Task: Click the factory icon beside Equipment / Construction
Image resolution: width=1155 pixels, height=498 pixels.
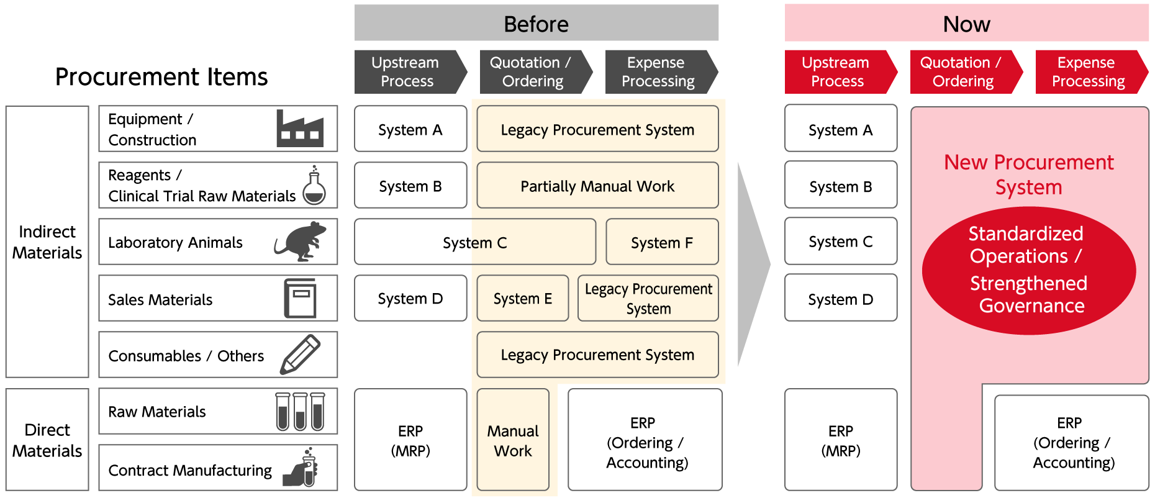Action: click(x=300, y=129)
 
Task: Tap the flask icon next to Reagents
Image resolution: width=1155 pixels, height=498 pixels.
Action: click(x=314, y=186)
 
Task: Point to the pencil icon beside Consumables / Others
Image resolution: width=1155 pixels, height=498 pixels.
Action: click(x=301, y=355)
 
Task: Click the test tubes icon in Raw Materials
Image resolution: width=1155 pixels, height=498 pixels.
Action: click(x=301, y=411)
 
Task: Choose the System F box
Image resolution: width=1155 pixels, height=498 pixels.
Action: click(x=662, y=242)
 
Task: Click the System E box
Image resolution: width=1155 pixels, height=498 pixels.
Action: click(x=522, y=299)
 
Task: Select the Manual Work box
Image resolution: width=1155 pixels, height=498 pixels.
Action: click(x=513, y=440)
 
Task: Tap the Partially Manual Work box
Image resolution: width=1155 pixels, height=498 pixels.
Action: click(x=597, y=186)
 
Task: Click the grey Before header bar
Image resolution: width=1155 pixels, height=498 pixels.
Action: click(x=536, y=24)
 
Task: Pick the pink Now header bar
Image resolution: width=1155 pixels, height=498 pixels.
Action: click(x=966, y=24)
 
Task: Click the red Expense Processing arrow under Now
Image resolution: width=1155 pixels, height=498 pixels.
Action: click(x=1088, y=72)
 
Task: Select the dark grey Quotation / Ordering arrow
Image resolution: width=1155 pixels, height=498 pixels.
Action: click(x=532, y=72)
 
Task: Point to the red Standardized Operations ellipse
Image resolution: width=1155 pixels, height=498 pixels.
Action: click(x=1028, y=270)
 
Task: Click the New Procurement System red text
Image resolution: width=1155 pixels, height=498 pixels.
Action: click(x=1028, y=174)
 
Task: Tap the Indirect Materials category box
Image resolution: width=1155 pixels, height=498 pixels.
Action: click(x=47, y=242)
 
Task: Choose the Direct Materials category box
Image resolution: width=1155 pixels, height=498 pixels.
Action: click(x=47, y=440)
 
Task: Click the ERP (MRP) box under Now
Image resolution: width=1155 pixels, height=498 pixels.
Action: click(x=840, y=440)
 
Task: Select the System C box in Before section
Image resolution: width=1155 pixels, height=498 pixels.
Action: click(x=474, y=242)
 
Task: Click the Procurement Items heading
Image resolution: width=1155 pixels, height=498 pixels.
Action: click(x=161, y=77)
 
